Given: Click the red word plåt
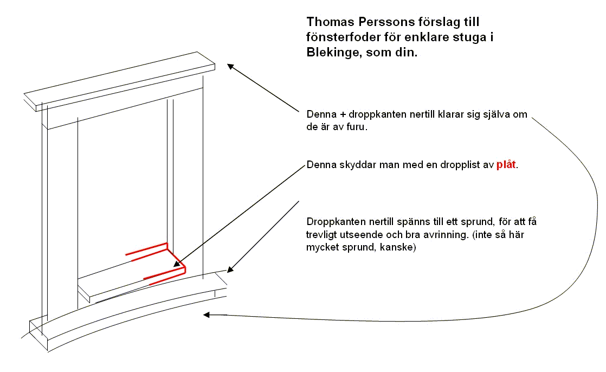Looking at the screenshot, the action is pos(506,164).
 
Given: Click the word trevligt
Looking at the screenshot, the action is pos(322,235).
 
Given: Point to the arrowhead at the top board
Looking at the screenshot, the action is pos(230,67).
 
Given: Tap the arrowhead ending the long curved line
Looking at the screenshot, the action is pos(207,315).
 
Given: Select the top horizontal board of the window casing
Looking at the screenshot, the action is pos(119,81).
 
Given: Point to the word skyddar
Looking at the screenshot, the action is pos(358,165).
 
